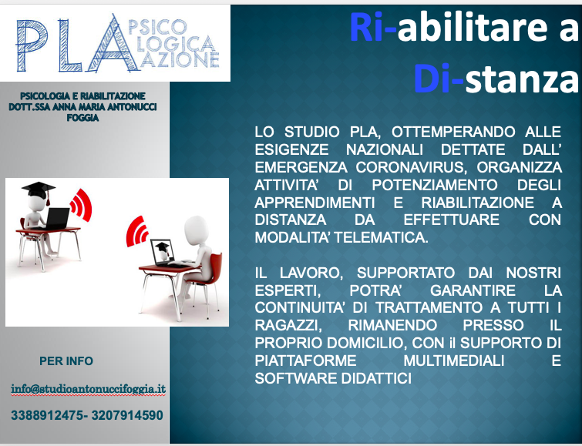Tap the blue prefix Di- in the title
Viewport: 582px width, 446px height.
tap(439, 79)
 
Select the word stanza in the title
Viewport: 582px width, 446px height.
tap(522, 79)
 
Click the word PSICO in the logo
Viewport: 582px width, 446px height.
tap(157, 27)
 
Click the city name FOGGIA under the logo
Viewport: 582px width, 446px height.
tap(82, 118)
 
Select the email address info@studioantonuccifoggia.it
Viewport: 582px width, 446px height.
tap(89, 389)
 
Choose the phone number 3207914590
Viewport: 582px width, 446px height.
tap(127, 415)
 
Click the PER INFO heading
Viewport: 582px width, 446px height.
tap(66, 360)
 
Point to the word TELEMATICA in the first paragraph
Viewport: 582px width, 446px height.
tap(382, 237)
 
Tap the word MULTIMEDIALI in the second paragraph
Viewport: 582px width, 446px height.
tap(454, 360)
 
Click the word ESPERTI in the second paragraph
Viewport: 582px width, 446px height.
tap(288, 290)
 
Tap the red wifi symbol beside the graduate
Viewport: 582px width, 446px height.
tap(81, 205)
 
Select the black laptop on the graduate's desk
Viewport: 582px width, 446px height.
tap(58, 218)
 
